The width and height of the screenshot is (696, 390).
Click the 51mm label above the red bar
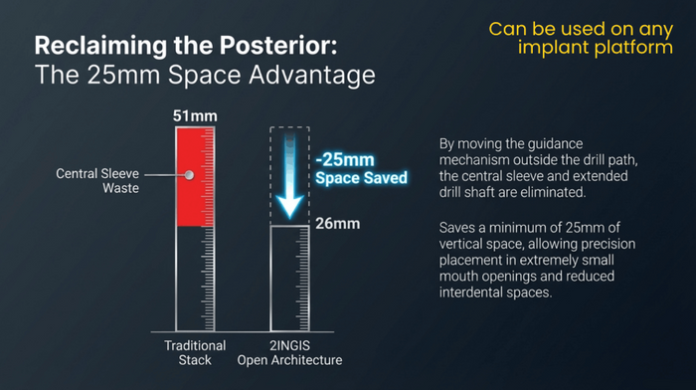pyautogui.click(x=195, y=116)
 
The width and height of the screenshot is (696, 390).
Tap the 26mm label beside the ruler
pyautogui.click(x=338, y=224)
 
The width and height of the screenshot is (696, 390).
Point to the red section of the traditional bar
pyautogui.click(x=195, y=175)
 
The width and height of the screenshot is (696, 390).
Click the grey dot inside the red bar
pyautogui.click(x=189, y=175)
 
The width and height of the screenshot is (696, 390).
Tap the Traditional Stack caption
pyautogui.click(x=195, y=352)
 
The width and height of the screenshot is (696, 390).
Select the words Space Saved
pyautogui.click(x=362, y=178)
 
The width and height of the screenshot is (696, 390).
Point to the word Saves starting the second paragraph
pyautogui.click(x=458, y=228)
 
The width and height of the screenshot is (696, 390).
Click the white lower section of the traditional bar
pyautogui.click(x=195, y=280)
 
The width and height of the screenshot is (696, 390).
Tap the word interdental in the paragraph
pyautogui.click(x=475, y=295)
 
